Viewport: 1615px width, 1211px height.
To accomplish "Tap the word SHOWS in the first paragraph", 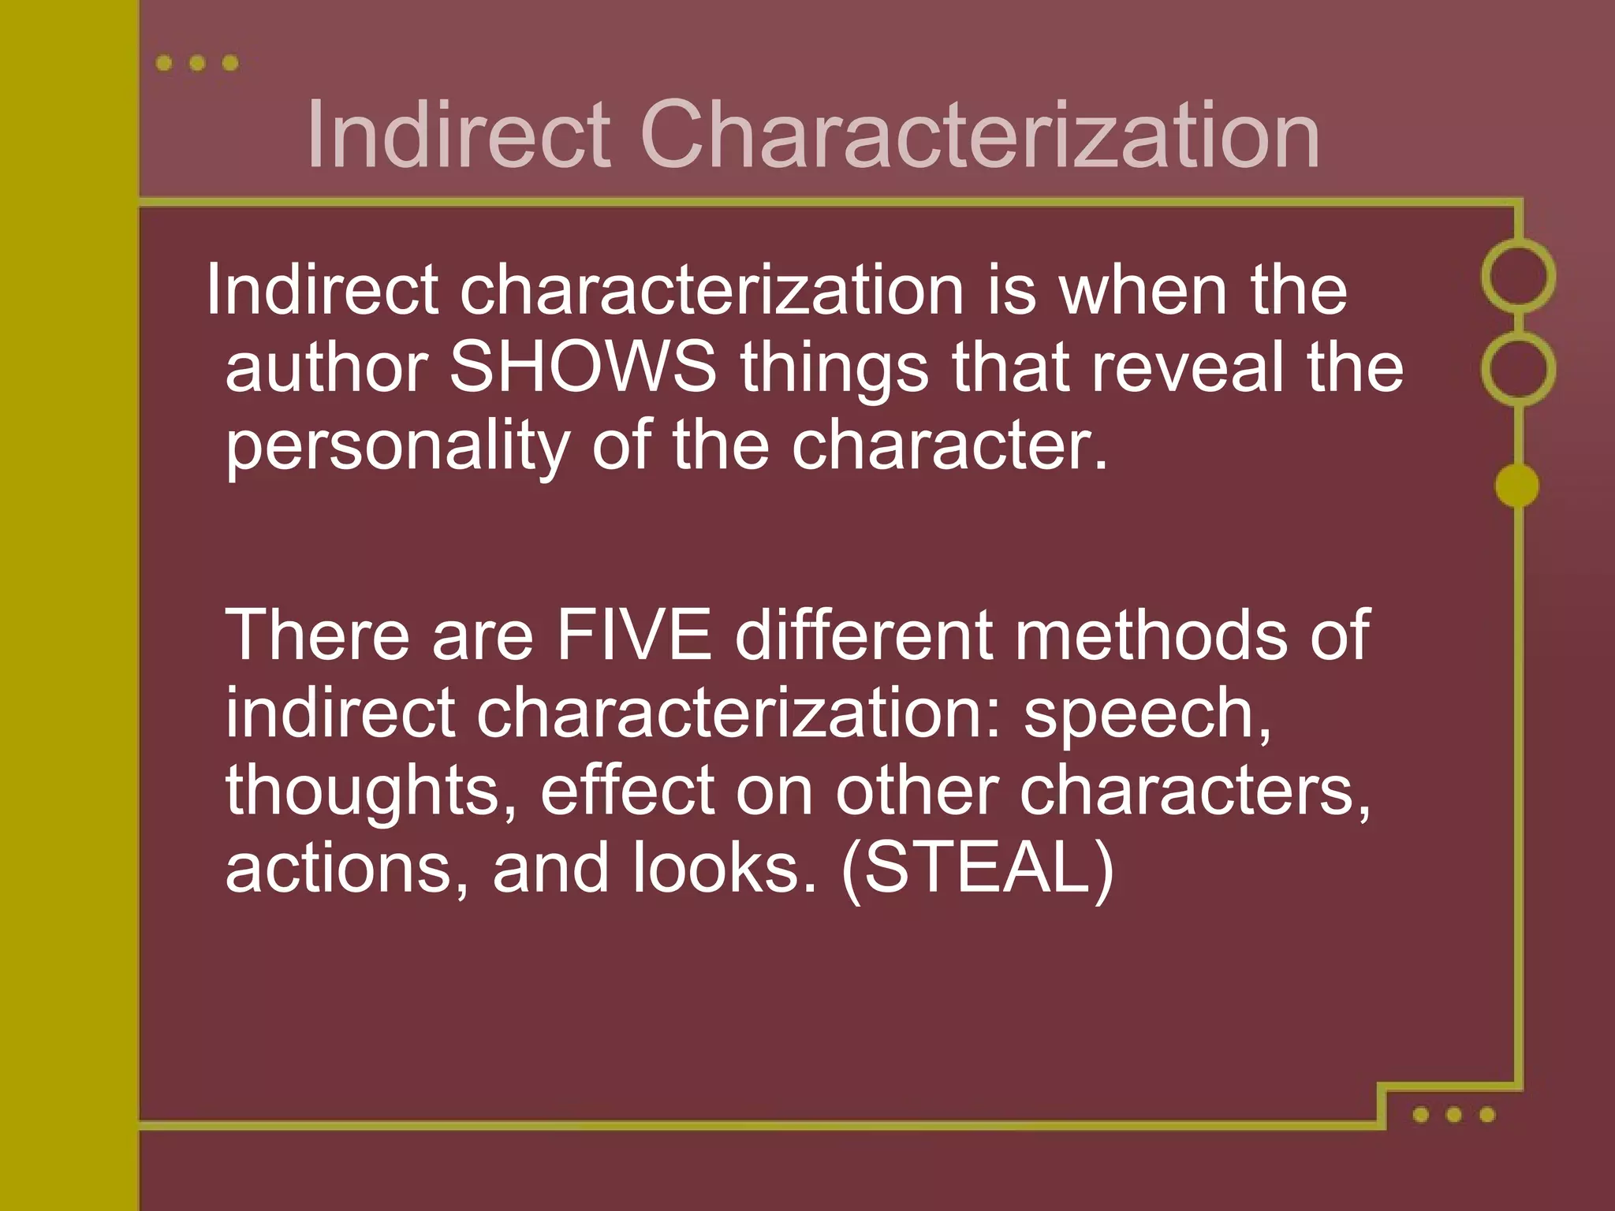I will click(x=583, y=367).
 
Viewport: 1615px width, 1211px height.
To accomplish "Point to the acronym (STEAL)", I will click(x=977, y=867).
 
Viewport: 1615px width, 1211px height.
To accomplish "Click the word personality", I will click(x=397, y=446).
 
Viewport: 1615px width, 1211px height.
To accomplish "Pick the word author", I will click(x=326, y=367).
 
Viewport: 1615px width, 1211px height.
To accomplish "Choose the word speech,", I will click(x=1147, y=714).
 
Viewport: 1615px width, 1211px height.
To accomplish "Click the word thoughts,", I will click(x=371, y=792).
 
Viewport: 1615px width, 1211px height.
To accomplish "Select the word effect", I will click(x=628, y=790).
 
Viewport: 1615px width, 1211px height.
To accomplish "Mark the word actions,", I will click(x=347, y=867).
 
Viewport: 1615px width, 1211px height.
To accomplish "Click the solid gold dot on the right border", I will click(x=1517, y=486).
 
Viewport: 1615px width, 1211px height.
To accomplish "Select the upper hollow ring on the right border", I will click(x=1518, y=276).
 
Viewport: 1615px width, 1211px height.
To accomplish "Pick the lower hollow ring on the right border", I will click(x=1518, y=369).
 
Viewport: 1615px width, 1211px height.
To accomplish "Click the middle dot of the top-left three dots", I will click(x=197, y=63).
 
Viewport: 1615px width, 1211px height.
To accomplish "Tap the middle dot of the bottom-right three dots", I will click(x=1454, y=1114).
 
